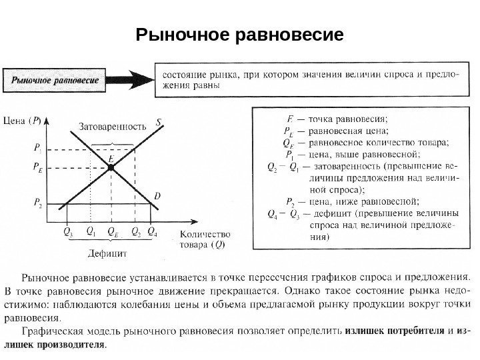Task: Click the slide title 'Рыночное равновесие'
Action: pos(239,33)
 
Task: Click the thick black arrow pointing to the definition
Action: pos(133,79)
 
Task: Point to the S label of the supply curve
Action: pos(159,122)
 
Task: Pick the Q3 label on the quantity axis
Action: pos(67,232)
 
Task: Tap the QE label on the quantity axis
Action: pos(113,232)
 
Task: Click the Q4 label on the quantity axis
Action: pos(153,232)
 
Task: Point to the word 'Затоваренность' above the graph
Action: pos(113,125)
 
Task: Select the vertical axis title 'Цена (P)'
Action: pos(23,121)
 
